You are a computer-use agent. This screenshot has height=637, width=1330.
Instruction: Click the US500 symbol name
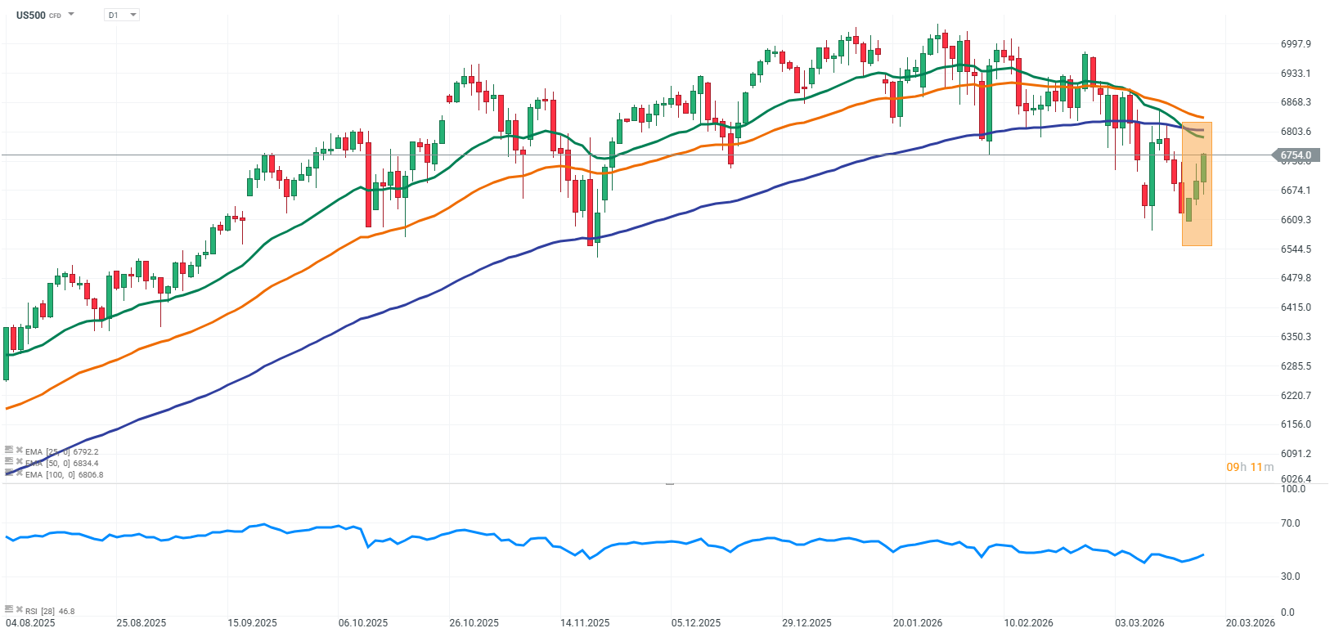point(31,15)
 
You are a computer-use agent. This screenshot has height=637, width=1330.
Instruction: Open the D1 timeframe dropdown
point(122,15)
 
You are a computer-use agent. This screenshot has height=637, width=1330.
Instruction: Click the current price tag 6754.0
point(1296,155)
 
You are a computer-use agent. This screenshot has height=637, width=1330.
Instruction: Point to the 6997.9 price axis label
point(1296,44)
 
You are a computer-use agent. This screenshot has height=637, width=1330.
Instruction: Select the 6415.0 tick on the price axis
point(1296,307)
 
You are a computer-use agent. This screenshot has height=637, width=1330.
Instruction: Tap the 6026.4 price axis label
point(1296,479)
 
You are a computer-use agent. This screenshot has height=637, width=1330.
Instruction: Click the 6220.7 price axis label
point(1296,396)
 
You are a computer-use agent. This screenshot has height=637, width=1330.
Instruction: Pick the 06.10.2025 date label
point(363,623)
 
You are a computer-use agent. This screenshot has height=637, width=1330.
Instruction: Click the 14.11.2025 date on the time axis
point(585,623)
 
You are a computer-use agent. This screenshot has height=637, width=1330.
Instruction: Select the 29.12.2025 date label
point(807,623)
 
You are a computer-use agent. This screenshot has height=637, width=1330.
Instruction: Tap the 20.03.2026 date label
point(1250,623)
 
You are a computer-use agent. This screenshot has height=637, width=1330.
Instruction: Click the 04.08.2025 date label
point(30,623)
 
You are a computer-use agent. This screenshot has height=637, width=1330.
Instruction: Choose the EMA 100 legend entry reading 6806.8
point(64,475)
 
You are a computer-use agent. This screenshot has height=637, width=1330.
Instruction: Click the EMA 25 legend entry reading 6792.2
point(61,452)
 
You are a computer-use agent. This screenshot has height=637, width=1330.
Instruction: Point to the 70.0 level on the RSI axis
point(1290,523)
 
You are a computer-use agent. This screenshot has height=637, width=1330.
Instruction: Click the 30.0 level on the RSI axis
point(1290,576)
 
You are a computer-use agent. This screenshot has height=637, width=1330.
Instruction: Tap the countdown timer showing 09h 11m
point(1249,468)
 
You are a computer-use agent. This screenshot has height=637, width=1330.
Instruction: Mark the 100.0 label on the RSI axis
point(1293,489)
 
